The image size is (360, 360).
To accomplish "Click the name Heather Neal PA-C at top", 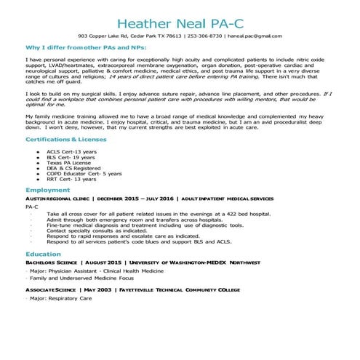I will pos(180,17).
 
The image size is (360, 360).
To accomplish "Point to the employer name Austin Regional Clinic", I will pos(56,198).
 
